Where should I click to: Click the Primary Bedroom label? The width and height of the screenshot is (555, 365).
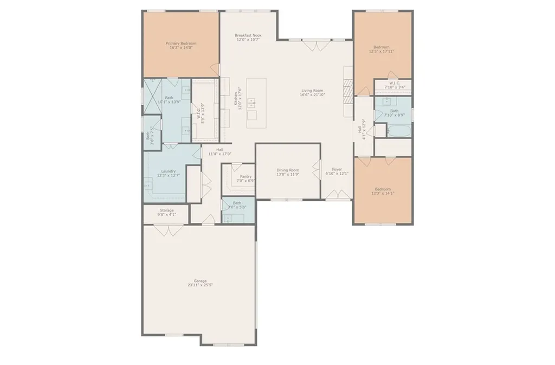click(x=180, y=43)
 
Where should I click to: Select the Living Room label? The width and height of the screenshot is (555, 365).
click(x=312, y=91)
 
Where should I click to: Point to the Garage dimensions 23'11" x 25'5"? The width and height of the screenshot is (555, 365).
click(x=197, y=285)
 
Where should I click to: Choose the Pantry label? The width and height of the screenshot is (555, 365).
click(x=246, y=176)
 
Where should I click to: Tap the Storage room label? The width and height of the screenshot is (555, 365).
click(x=166, y=210)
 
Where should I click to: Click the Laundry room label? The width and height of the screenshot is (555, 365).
click(x=168, y=171)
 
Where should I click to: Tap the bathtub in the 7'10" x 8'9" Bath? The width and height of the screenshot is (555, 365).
click(x=398, y=131)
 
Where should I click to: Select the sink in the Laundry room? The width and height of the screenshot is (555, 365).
click(x=147, y=185)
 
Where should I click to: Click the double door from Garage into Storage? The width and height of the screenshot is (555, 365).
click(x=166, y=230)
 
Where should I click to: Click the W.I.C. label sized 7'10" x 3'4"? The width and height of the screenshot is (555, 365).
click(x=394, y=84)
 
